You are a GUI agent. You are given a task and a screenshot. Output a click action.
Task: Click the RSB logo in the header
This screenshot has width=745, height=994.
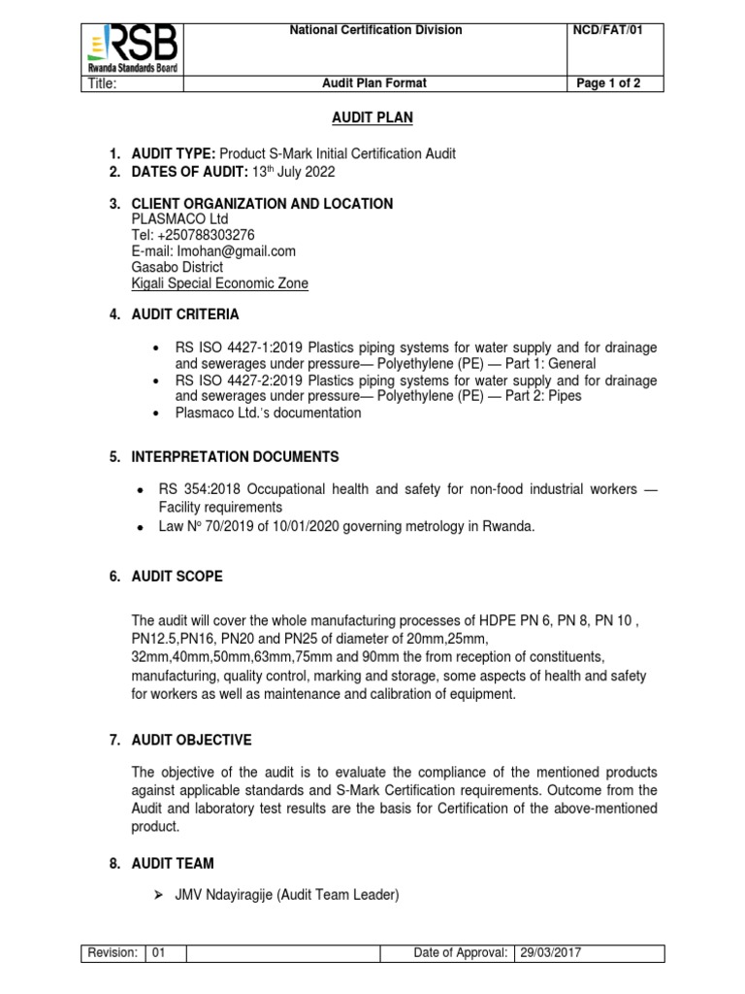click(x=133, y=47)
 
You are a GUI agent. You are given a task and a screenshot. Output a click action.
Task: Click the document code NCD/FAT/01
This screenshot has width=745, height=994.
click(x=607, y=30)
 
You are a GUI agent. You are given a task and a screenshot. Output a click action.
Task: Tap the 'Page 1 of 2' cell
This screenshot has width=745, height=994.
click(x=607, y=83)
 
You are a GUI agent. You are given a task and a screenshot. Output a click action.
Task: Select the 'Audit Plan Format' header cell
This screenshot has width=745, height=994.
click(x=374, y=83)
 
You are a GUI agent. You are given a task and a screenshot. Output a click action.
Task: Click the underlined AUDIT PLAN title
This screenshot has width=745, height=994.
click(x=373, y=117)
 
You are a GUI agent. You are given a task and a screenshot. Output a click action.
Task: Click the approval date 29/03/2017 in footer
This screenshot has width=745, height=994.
click(x=548, y=953)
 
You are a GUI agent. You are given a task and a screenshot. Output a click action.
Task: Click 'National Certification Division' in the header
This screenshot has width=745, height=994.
click(x=376, y=30)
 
